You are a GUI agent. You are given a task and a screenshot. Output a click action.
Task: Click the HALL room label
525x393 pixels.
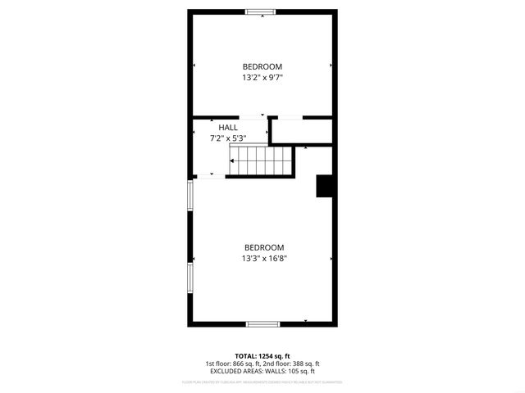pyautogui.click(x=228, y=128)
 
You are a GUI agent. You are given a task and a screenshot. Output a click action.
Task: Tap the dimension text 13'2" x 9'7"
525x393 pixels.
pyautogui.click(x=262, y=78)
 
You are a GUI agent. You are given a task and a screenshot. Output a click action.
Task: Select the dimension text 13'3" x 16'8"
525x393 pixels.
pyautogui.click(x=263, y=258)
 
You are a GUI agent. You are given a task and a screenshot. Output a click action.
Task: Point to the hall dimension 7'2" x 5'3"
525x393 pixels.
pyautogui.click(x=228, y=138)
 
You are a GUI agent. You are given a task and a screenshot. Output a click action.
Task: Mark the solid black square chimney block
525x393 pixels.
pyautogui.click(x=324, y=187)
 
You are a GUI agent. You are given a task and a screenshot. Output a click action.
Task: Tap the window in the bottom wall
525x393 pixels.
pyautogui.click(x=262, y=324)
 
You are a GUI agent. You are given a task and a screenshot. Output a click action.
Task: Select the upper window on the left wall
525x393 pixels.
pyautogui.click(x=190, y=196)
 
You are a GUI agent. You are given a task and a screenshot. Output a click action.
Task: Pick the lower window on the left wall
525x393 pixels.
pyautogui.click(x=190, y=277)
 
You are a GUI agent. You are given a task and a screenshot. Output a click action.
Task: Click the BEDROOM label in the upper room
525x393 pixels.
pyautogui.click(x=262, y=66)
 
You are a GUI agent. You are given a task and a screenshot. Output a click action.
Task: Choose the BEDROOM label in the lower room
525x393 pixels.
pyautogui.click(x=263, y=247)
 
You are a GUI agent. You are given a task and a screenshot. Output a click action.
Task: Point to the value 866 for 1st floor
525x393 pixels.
pyautogui.click(x=240, y=364)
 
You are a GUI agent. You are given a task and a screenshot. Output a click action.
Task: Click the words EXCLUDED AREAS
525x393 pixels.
pyautogui.click(x=234, y=371)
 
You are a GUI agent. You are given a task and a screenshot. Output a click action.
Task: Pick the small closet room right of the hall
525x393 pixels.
pyautogui.click(x=302, y=131)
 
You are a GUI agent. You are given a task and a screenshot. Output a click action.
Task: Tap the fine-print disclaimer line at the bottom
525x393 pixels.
pyautogui.click(x=262, y=382)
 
